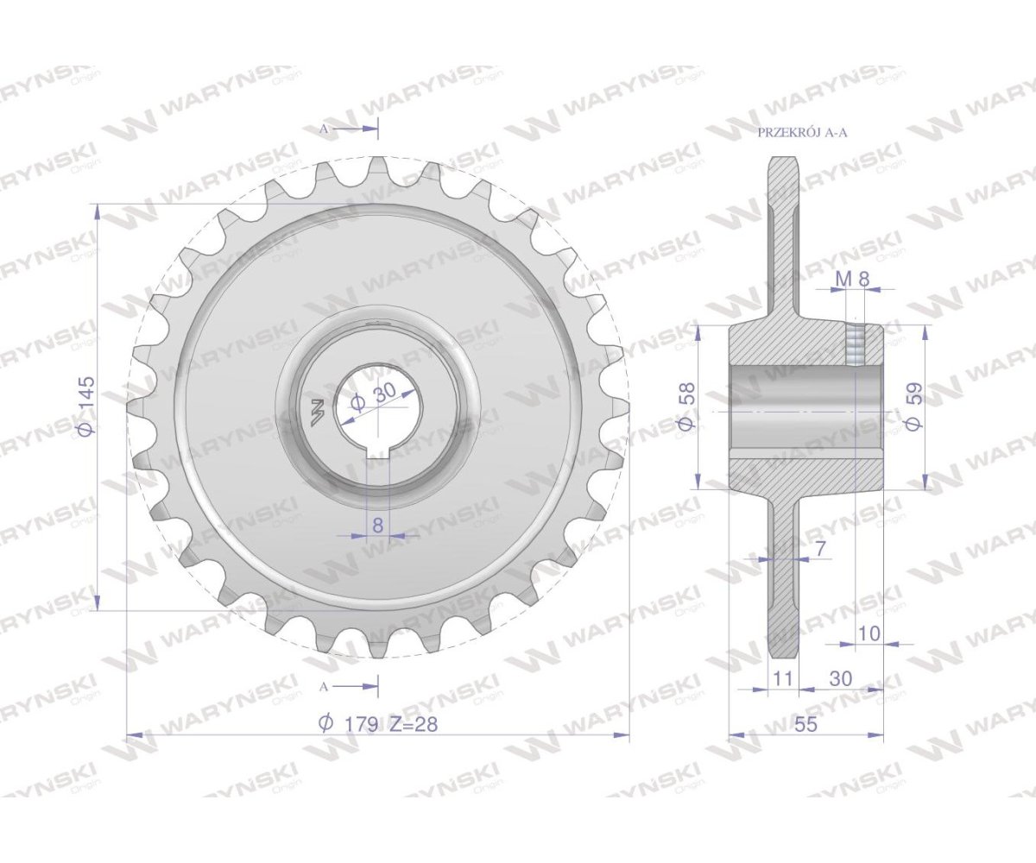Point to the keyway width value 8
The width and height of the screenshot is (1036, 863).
[377, 523]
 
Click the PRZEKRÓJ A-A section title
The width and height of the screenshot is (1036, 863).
[802, 133]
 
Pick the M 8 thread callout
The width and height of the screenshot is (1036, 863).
[852, 279]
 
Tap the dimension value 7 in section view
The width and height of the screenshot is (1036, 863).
[819, 547]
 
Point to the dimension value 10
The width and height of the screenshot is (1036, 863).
[869, 633]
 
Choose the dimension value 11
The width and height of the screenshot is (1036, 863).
[782, 679]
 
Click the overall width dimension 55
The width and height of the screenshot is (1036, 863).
[805, 725]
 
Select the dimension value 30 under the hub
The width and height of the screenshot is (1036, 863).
[840, 679]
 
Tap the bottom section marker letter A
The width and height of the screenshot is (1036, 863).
[325, 686]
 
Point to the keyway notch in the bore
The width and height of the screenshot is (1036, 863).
[378, 451]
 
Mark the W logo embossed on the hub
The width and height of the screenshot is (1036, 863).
[314, 413]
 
